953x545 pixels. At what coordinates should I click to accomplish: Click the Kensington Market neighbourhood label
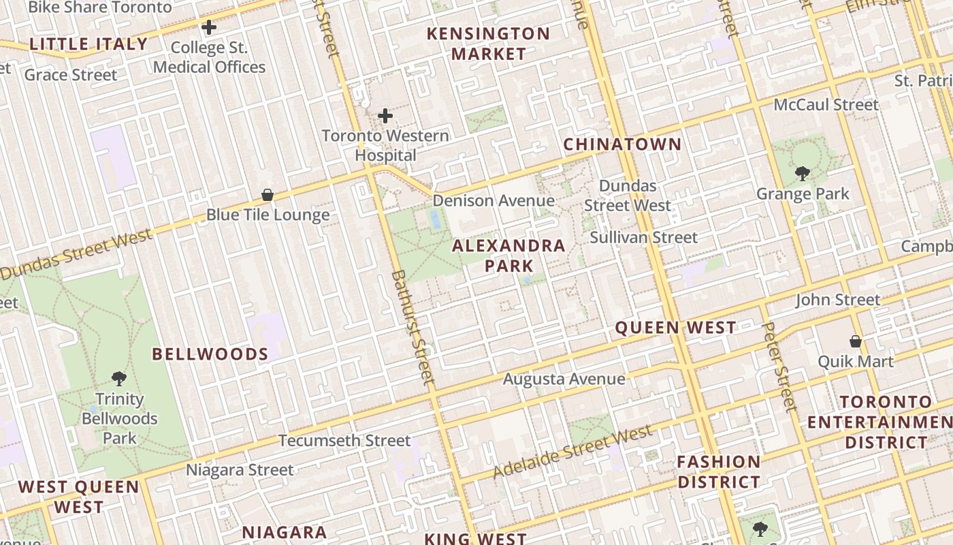(x=488, y=44)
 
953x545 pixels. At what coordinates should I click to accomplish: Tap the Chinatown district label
(x=622, y=144)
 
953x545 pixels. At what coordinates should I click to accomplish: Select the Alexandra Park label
(x=508, y=255)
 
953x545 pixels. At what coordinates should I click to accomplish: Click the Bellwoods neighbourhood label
(x=210, y=354)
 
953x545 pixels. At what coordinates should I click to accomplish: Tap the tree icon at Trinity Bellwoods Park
(x=119, y=378)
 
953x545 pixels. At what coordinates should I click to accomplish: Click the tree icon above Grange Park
(x=803, y=174)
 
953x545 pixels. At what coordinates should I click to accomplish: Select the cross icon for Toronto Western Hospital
(x=385, y=116)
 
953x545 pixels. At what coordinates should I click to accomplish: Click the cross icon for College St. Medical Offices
(x=209, y=28)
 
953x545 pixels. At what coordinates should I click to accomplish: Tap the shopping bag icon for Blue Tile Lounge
(x=268, y=196)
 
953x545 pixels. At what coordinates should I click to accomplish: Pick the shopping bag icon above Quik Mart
(x=856, y=341)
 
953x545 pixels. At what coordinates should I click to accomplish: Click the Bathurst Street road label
(x=413, y=327)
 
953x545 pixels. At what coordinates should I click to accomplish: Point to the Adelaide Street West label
(x=572, y=452)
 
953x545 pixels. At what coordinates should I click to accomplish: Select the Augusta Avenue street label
(x=564, y=379)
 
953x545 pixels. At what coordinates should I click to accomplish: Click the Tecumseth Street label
(x=344, y=441)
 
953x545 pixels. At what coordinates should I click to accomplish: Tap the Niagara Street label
(x=240, y=470)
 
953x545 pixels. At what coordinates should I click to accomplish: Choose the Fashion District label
(x=718, y=472)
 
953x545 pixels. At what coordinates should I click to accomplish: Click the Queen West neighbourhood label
(x=675, y=328)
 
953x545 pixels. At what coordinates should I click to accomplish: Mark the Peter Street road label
(x=779, y=369)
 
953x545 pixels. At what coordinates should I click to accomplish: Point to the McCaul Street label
(x=826, y=105)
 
